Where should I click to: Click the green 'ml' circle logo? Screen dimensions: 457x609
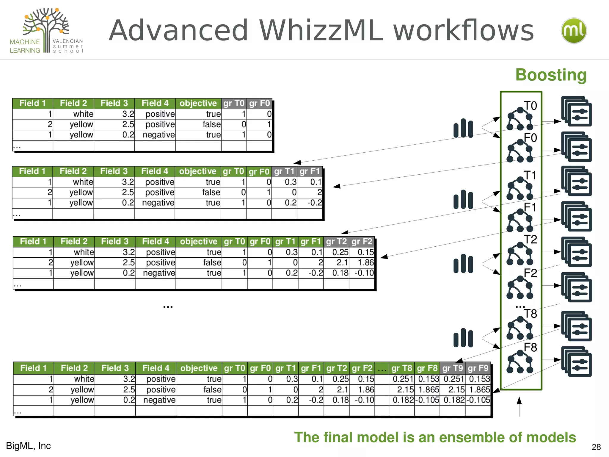click(x=574, y=31)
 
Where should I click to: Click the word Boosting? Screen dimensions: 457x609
click(x=551, y=75)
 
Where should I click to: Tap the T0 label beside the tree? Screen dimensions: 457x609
click(x=530, y=106)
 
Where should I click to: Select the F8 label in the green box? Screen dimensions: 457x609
click(x=530, y=348)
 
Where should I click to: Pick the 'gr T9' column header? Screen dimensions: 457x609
click(x=452, y=368)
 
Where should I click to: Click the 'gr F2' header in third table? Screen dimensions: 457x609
click(x=362, y=242)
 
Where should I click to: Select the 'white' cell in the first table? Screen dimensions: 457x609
click(x=83, y=114)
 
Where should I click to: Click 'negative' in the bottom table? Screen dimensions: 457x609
click(x=159, y=400)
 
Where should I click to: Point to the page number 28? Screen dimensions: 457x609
click(x=596, y=447)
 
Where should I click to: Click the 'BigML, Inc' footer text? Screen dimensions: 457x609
click(x=29, y=446)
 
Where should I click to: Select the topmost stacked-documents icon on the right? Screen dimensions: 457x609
click(x=576, y=111)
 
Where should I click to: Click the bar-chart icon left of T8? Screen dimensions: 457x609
click(x=463, y=338)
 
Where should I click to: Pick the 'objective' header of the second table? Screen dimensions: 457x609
click(x=198, y=171)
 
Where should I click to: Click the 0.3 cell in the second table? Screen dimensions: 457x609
click(x=290, y=182)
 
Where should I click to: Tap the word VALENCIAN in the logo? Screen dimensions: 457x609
click(x=68, y=41)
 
